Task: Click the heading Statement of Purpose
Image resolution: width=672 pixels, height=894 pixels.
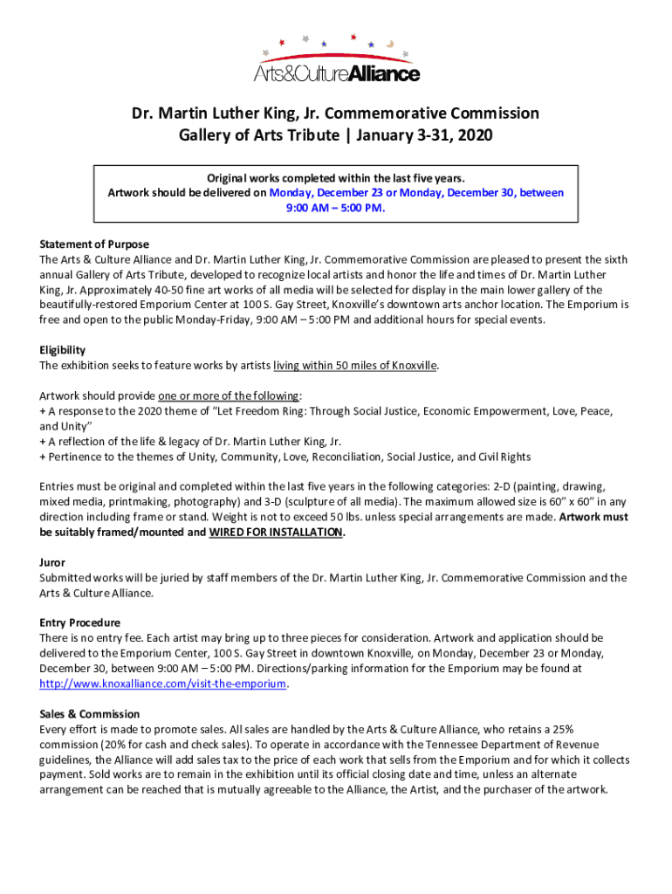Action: click(x=94, y=244)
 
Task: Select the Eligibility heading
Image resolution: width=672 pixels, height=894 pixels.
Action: click(x=62, y=350)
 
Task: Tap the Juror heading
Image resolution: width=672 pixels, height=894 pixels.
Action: click(x=52, y=563)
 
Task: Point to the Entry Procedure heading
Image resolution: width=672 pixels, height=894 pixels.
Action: click(x=79, y=623)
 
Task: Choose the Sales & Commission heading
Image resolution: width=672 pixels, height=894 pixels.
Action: click(x=89, y=714)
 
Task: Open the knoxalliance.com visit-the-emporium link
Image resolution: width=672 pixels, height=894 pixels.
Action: click(x=163, y=684)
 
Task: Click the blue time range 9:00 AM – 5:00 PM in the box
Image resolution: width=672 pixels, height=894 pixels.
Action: click(x=336, y=208)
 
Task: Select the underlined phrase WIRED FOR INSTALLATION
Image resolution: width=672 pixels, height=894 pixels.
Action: click(x=276, y=532)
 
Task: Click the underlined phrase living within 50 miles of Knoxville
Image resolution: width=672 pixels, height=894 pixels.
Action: click(x=355, y=365)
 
